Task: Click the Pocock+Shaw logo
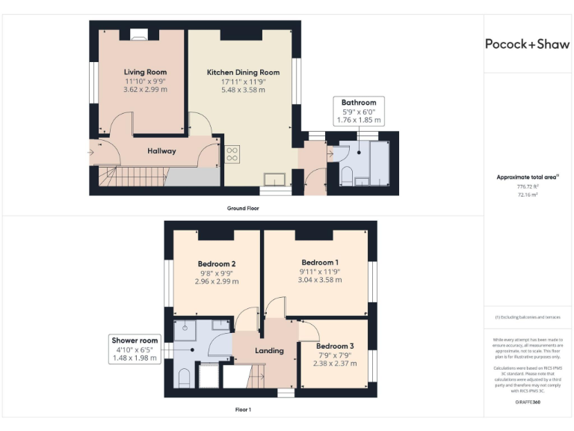(528, 44)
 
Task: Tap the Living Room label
(145, 73)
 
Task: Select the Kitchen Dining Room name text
(243, 73)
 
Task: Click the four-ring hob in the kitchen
(232, 154)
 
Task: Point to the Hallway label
(161, 151)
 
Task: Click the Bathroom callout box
(359, 111)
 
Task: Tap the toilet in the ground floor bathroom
(346, 177)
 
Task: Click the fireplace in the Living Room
(139, 33)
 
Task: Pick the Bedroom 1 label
(318, 263)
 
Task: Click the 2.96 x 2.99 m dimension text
(217, 281)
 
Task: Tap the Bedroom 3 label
(335, 346)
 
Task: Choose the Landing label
(269, 350)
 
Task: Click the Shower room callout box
(135, 349)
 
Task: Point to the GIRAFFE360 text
(527, 403)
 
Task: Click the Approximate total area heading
(527, 177)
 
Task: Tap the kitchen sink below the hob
(275, 179)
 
